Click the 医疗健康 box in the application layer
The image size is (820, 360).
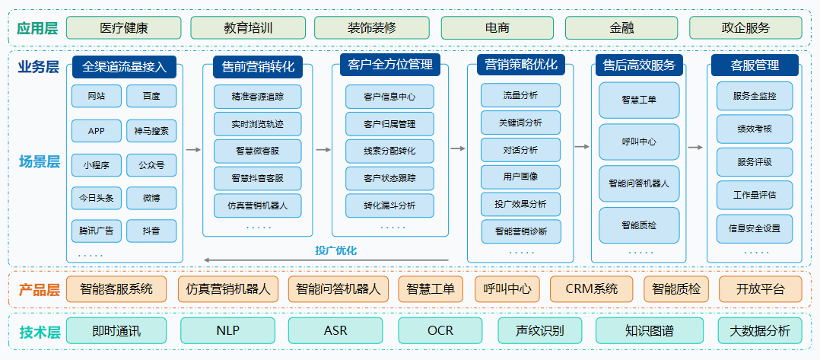(x=123, y=28)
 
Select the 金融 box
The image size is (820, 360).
(x=621, y=28)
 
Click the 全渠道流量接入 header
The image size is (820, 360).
(x=124, y=67)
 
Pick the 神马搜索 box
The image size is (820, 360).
(x=151, y=131)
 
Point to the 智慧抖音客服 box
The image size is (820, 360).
(x=257, y=178)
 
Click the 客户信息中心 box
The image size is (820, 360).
(x=389, y=97)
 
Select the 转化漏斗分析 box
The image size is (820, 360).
(x=389, y=205)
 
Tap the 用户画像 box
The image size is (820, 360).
(x=520, y=177)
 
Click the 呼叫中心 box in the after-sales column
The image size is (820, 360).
(x=639, y=142)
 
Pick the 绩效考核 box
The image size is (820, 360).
(x=754, y=129)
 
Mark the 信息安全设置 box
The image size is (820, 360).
(x=754, y=228)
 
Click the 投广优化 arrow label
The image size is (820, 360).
(x=335, y=250)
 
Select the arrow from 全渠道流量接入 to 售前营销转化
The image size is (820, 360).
(x=193, y=150)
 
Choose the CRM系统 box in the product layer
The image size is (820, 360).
(x=592, y=289)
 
